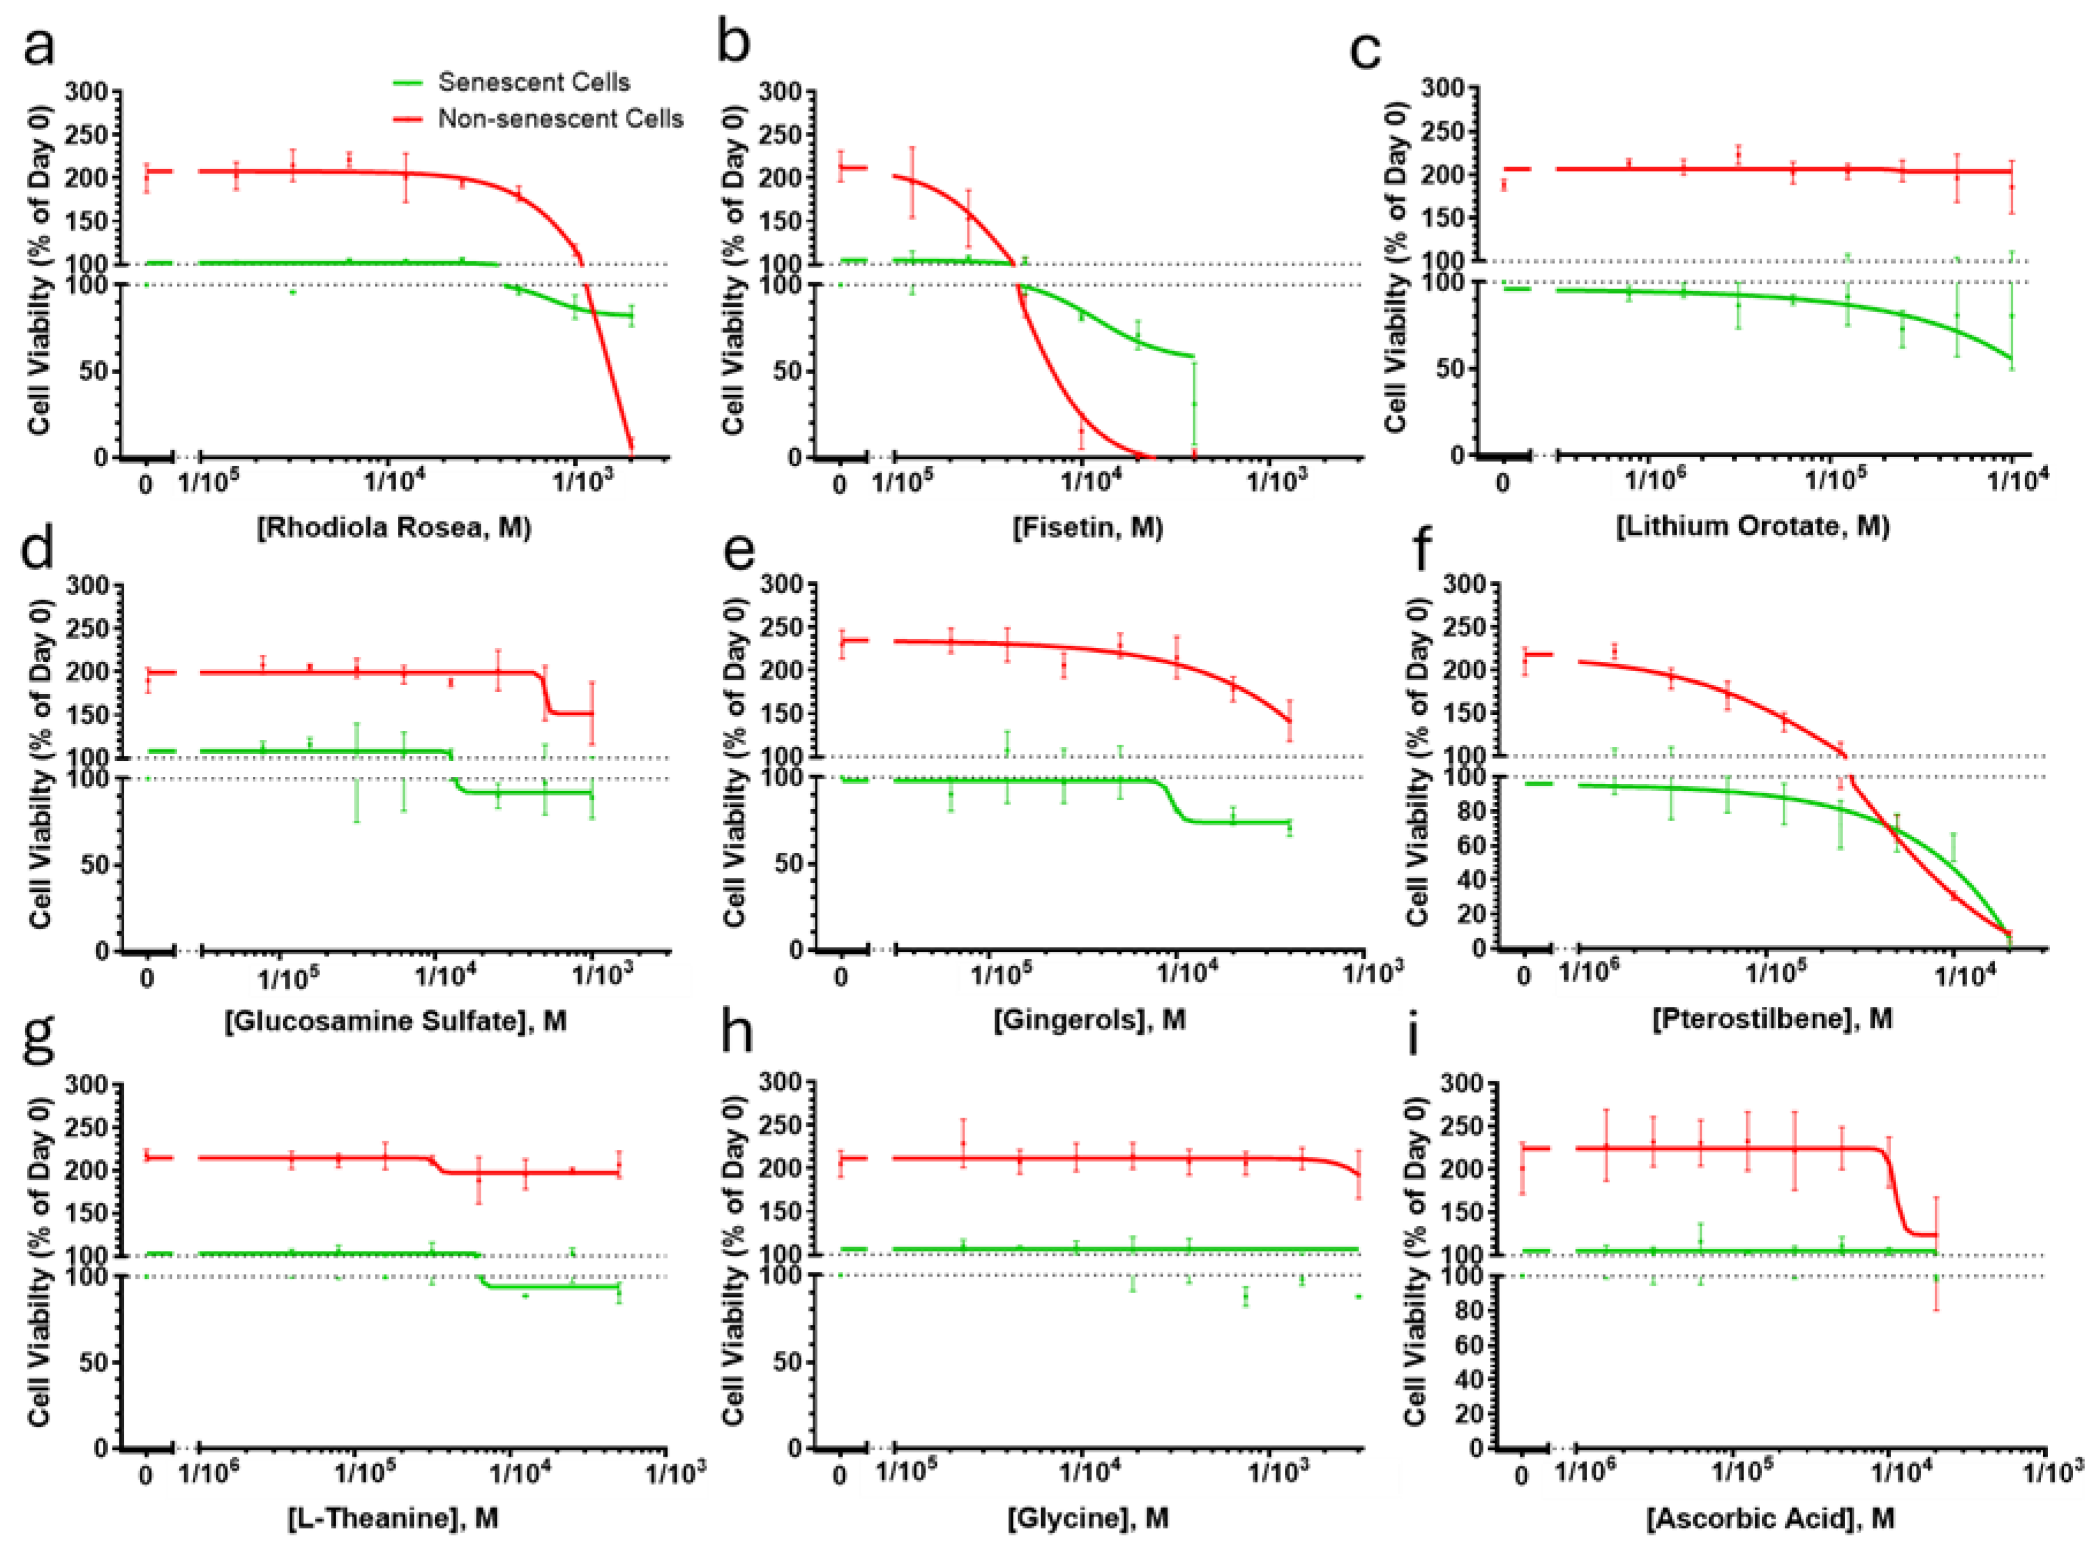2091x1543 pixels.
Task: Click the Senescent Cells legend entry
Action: (x=533, y=82)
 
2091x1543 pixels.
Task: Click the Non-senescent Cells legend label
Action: (x=560, y=119)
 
